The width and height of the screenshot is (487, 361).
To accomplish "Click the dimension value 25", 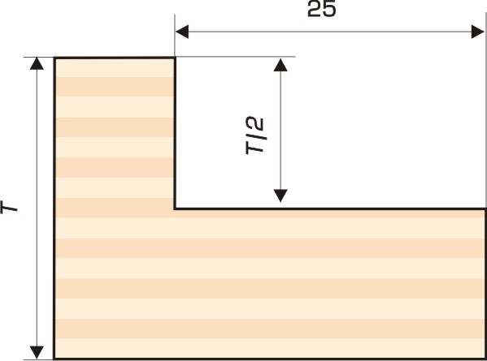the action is click(x=321, y=9).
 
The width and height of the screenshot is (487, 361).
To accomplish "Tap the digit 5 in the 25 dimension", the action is click(x=329, y=9).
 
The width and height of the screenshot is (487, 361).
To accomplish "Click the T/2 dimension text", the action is click(x=254, y=135).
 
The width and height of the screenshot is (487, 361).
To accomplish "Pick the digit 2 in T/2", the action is click(x=255, y=123).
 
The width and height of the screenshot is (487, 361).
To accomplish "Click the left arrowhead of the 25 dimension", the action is click(x=182, y=32).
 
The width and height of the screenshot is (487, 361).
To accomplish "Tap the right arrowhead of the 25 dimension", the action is click(x=478, y=32).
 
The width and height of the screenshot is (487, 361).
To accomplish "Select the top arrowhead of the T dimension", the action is click(x=37, y=63).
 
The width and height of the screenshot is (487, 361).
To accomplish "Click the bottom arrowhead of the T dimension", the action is click(x=37, y=352).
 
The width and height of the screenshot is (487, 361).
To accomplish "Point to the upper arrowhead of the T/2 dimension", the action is click(x=280, y=65).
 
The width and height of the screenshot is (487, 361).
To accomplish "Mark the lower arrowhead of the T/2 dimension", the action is click(x=280, y=196).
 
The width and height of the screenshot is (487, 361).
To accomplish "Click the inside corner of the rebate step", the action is click(x=175, y=208).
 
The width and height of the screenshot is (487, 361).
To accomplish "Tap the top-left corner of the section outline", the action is click(x=54, y=58).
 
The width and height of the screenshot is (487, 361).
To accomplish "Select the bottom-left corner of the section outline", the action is click(x=54, y=359).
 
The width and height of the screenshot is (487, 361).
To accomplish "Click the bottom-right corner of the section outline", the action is click(x=485, y=359).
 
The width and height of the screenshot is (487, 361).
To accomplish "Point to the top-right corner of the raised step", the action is click(x=175, y=58).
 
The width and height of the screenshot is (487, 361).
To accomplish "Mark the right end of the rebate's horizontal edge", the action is click(x=485, y=208).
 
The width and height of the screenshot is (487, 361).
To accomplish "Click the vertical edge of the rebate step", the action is click(x=175, y=133).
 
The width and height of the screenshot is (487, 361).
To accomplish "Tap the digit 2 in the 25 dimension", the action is click(x=315, y=9).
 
